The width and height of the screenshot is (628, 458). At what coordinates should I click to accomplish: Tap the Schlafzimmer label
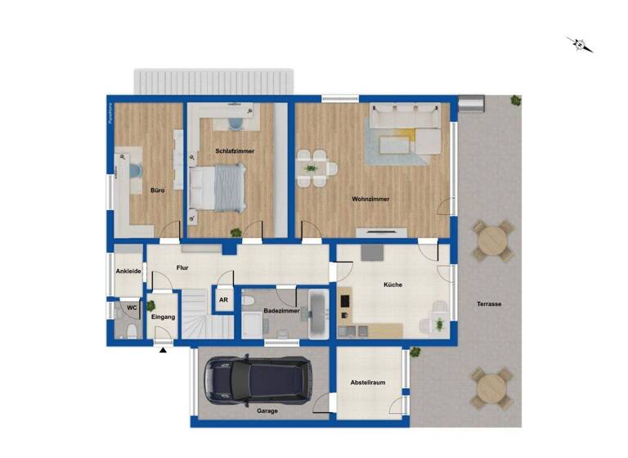pos(235,151)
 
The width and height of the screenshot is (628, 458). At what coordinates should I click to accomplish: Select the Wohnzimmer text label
pos(370,199)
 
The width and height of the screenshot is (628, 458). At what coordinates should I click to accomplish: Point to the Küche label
pos(394,285)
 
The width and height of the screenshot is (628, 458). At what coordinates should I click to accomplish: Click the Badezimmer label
pos(281,312)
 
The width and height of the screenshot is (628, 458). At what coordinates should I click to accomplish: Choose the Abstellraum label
pos(368,382)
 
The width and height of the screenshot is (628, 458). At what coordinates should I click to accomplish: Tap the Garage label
pos(267,411)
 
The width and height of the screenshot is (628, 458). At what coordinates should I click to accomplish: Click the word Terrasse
pos(490,304)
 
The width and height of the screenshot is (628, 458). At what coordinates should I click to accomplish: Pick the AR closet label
pos(223,300)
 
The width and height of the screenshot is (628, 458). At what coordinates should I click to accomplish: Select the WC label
pos(129,308)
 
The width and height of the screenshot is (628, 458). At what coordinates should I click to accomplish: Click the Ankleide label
pos(128,271)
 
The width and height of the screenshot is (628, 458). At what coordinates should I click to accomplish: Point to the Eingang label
pos(164,316)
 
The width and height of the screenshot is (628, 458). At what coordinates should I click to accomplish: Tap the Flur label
pos(183,267)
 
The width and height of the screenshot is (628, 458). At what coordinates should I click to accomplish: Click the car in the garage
pos(258,379)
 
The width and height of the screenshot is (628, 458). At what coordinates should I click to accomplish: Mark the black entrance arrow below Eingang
pos(163,351)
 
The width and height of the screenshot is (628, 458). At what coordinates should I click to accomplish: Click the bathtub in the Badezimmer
pos(319,313)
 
